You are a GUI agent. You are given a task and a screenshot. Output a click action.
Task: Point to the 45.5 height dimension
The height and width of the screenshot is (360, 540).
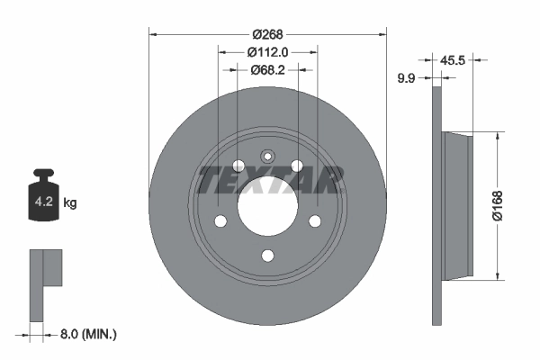tap(454, 60)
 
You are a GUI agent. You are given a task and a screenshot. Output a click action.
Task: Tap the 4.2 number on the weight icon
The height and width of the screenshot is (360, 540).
tap(41, 202)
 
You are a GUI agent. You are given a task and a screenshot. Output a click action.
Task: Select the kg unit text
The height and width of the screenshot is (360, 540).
tap(70, 203)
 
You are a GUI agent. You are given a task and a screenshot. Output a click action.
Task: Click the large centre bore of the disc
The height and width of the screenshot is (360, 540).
tap(267, 208)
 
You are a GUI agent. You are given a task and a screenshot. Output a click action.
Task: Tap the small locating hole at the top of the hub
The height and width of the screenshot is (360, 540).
tap(267, 156)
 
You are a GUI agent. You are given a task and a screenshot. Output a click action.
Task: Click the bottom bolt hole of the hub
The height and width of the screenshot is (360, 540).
tap(267, 256)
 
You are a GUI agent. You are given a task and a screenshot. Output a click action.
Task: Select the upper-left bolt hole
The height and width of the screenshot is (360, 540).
tap(238, 166)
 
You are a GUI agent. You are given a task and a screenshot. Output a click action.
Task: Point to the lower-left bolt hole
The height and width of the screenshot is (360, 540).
tap(220, 221)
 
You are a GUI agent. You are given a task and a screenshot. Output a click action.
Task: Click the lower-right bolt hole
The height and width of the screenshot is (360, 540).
tap(315, 221)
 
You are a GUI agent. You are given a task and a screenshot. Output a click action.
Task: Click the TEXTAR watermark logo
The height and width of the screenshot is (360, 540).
tap(271, 180)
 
